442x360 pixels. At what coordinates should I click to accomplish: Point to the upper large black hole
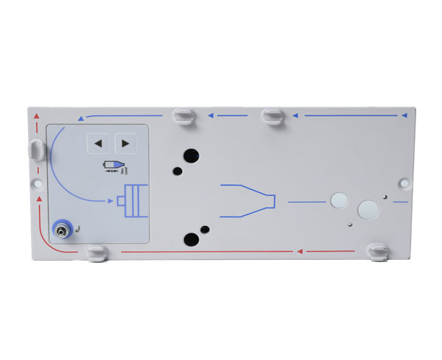pyautogui.click(x=191, y=155)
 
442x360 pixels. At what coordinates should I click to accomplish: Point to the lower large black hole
pyautogui.click(x=191, y=239)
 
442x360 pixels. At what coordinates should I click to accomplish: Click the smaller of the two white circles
pyautogui.click(x=340, y=199)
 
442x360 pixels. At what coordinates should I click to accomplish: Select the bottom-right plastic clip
pyautogui.click(x=378, y=251)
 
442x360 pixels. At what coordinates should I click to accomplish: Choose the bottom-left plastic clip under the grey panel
pyautogui.click(x=96, y=253)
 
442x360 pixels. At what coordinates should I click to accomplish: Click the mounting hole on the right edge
pyautogui.click(x=404, y=180)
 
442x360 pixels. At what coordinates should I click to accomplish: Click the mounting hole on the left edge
pyautogui.click(x=33, y=180)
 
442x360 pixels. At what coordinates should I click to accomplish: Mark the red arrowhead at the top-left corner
pyautogui.click(x=32, y=116)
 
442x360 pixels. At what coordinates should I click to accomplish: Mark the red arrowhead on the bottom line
pyautogui.click(x=300, y=252)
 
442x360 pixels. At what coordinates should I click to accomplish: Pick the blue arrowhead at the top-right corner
pyautogui.click(x=402, y=116)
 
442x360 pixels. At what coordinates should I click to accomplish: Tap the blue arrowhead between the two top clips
pyautogui.click(x=211, y=116)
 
